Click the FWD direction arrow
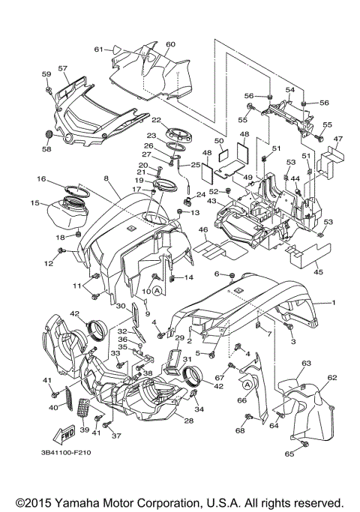(x=64, y=433)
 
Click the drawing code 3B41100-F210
(x=66, y=453)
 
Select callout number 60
(x=170, y=44)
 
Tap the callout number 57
(x=63, y=68)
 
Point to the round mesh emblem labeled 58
(x=48, y=134)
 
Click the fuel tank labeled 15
(x=68, y=213)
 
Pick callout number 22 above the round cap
(x=157, y=120)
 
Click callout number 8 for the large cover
(x=106, y=178)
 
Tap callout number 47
(x=338, y=139)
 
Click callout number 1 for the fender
(x=334, y=303)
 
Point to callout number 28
(x=189, y=421)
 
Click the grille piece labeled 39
(x=82, y=415)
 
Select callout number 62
(x=332, y=378)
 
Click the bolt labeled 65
(x=306, y=444)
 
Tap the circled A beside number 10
(x=157, y=290)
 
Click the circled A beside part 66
(x=247, y=385)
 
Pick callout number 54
(x=290, y=90)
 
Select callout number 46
(x=203, y=230)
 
